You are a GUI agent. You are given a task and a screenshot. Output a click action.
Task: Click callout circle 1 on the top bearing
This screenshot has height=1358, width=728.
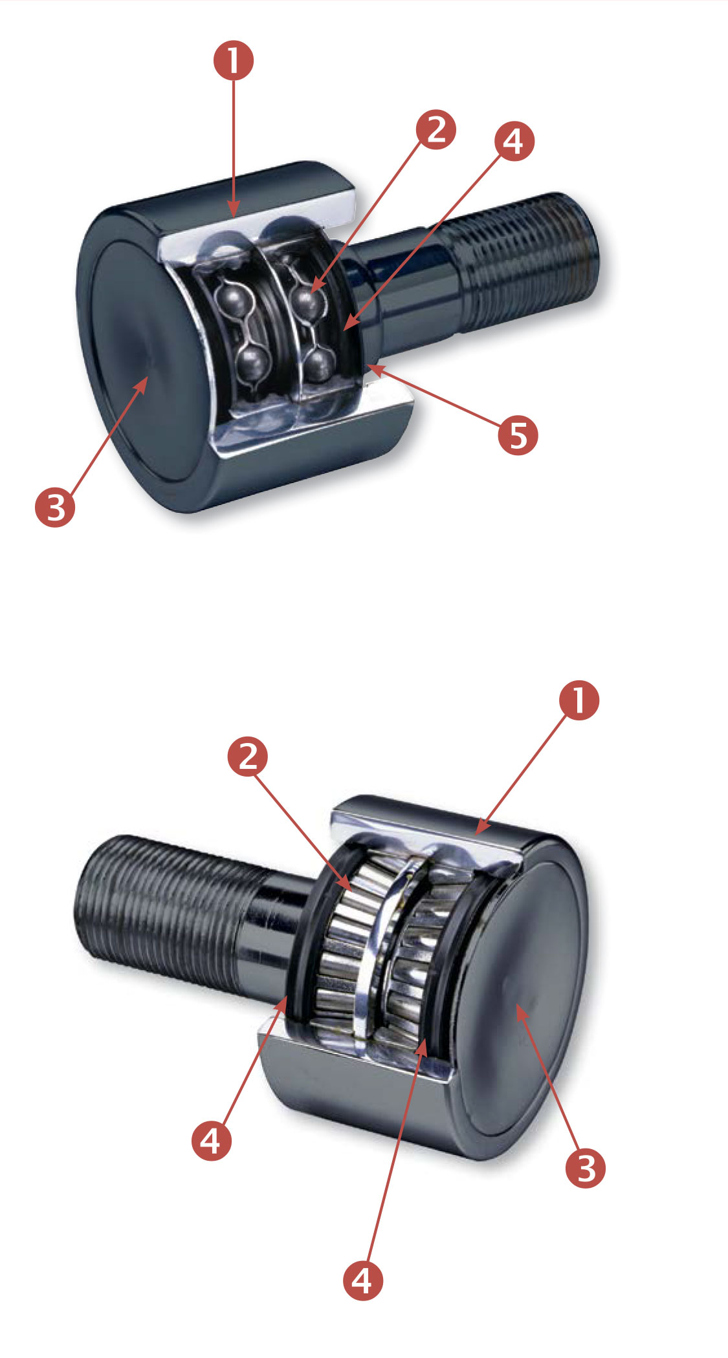click(x=234, y=61)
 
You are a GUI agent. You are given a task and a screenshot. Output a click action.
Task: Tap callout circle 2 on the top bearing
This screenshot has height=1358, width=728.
click(x=436, y=129)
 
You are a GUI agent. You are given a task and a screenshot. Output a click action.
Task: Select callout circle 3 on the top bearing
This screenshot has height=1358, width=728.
click(x=56, y=506)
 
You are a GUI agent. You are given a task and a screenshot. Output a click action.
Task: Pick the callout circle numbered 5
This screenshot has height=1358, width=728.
click(x=518, y=435)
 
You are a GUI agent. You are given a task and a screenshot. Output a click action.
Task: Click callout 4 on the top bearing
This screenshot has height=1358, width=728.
click(x=514, y=141)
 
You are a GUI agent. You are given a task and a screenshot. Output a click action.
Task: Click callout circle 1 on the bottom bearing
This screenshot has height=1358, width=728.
click(x=579, y=700)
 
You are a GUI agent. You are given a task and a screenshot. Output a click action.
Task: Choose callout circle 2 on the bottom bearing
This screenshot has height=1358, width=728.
click(x=248, y=755)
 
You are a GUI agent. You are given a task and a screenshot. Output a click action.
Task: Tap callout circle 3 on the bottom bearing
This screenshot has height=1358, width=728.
click(x=586, y=1168)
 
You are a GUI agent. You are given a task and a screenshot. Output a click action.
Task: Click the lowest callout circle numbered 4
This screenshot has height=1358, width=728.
click(x=362, y=1280)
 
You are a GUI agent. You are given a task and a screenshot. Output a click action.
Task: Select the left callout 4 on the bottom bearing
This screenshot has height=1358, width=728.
click(x=212, y=1140)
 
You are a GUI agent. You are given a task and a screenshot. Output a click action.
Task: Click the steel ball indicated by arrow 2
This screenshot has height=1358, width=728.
click(x=307, y=299)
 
